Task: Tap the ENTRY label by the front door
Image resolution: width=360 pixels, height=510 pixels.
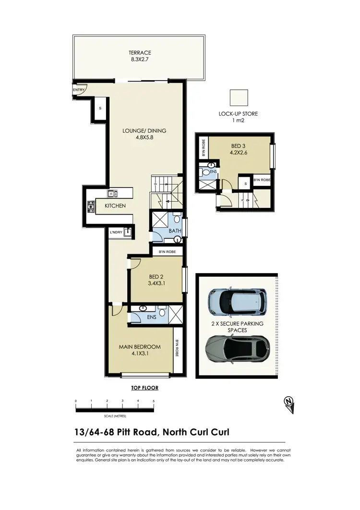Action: click(x=78, y=90)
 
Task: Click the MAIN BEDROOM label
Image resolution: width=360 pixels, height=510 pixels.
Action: click(x=139, y=347)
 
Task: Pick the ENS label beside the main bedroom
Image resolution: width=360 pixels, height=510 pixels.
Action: click(x=151, y=317)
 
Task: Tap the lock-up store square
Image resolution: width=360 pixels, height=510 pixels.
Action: click(x=239, y=98)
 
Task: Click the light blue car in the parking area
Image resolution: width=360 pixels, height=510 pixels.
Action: click(x=237, y=299)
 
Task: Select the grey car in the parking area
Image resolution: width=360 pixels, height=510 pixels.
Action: click(x=237, y=347)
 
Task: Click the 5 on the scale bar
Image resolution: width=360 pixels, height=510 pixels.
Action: click(x=154, y=401)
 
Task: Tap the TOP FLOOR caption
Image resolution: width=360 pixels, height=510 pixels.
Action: click(x=144, y=388)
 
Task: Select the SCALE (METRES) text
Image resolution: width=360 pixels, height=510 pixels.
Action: click(x=114, y=416)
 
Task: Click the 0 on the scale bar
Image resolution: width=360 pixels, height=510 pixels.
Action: click(x=75, y=401)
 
